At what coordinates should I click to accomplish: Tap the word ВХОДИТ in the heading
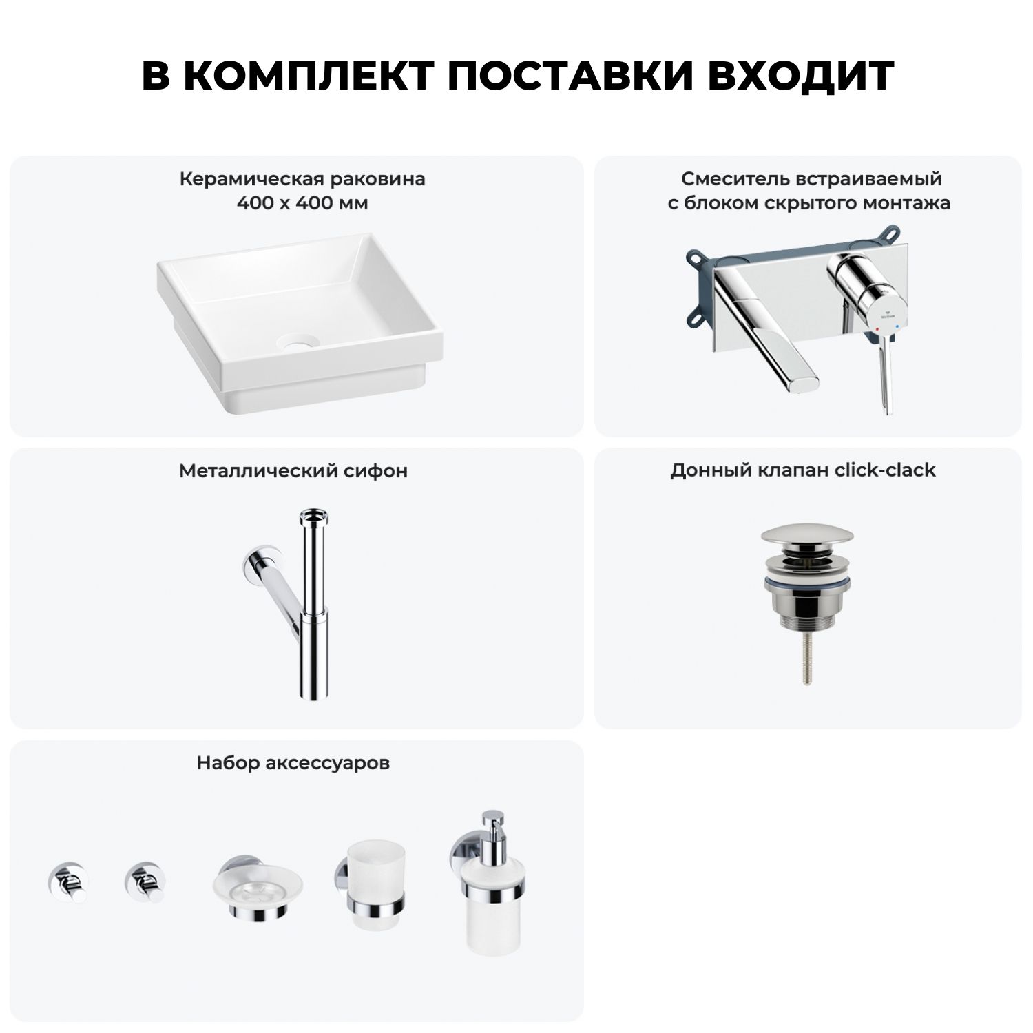[x=800, y=76]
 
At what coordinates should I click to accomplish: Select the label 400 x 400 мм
[x=302, y=203]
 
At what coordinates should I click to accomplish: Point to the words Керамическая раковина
[x=302, y=179]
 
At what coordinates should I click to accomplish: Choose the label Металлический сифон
[x=293, y=471]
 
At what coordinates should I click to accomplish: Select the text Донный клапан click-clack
[x=803, y=470]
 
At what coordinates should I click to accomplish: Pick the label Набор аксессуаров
[x=293, y=763]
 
